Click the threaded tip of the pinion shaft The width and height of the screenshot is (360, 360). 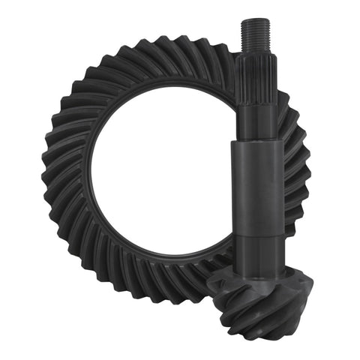256,33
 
